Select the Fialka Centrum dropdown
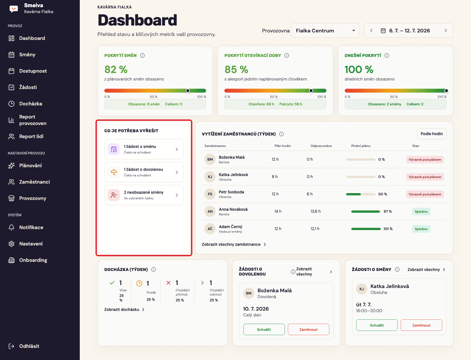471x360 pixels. click(325, 30)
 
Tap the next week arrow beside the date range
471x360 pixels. click(446, 30)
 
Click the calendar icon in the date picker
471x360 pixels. click(383, 31)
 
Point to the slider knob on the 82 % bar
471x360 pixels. click(187, 91)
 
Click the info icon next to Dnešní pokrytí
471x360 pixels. click(387, 55)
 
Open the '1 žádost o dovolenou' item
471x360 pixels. click(144, 172)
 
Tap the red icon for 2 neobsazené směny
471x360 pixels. click(114, 195)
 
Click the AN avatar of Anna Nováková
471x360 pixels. click(210, 211)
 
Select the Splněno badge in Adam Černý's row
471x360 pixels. click(421, 229)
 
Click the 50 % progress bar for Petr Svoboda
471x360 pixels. click(360, 194)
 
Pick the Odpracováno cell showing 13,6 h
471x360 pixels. click(315, 211)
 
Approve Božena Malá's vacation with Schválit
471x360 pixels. click(264, 329)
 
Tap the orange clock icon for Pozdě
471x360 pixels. click(139, 283)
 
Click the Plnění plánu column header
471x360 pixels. click(361, 146)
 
